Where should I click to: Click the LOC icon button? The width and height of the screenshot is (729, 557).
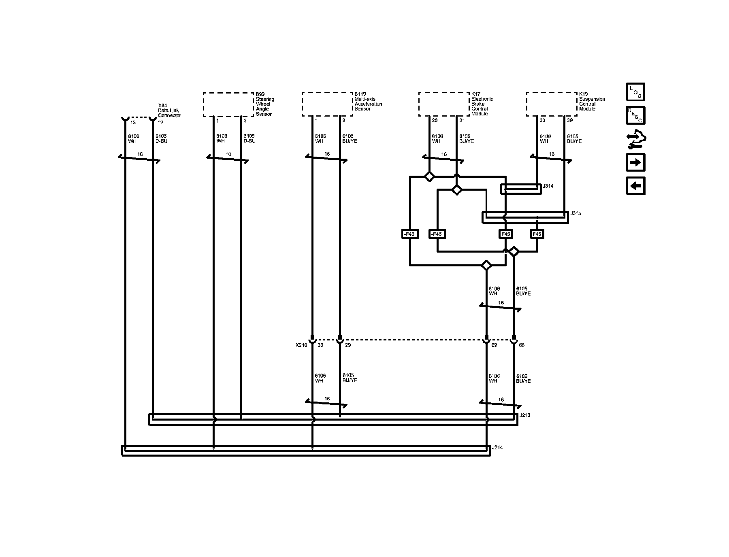(635, 92)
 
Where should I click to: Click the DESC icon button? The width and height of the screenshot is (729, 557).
(635, 115)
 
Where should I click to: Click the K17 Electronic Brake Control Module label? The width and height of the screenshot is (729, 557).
(482, 104)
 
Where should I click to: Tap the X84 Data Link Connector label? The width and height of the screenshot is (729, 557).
(169, 111)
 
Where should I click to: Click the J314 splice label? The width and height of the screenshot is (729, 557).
(548, 186)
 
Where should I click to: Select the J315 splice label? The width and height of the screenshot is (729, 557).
(575, 213)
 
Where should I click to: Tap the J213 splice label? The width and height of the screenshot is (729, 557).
(524, 415)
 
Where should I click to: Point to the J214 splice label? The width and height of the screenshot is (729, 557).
(497, 448)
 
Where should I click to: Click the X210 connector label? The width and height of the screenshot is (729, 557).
(301, 345)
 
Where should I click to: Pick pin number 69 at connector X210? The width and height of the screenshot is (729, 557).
(494, 345)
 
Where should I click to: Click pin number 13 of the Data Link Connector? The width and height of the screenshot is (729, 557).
(133, 123)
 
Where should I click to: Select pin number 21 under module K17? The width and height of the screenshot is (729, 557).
(462, 121)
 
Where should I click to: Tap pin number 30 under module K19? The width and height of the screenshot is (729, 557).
(542, 121)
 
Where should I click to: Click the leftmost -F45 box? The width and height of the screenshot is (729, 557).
(409, 234)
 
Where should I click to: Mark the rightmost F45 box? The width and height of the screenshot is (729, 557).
(537, 234)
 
